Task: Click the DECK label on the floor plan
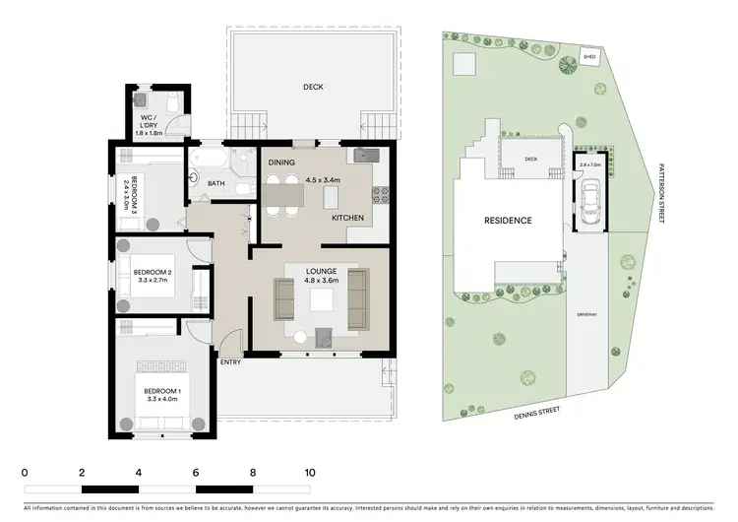tap(313, 87)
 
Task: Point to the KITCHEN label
tap(348, 216)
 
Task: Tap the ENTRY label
tap(230, 361)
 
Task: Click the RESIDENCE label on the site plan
tap(507, 221)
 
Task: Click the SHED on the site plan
tap(590, 57)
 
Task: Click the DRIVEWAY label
tap(587, 315)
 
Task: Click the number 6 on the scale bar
tap(196, 473)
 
